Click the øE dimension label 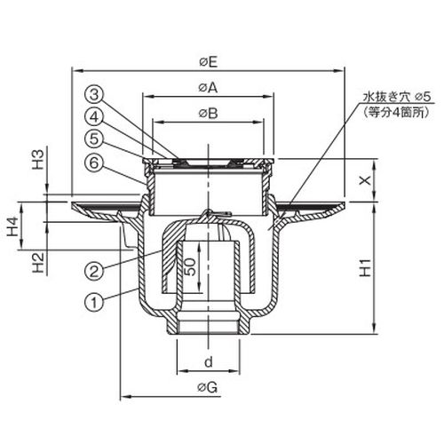pos(209,62)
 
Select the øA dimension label pos(208,88)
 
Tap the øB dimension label pos(208,113)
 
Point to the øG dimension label pos(208,387)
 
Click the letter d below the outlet pos(209,361)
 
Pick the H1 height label pos(365,267)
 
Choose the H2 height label pos(38,263)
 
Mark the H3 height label pos(38,159)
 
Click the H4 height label pos(13,226)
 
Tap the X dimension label pos(365,179)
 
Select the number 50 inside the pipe pos(190,266)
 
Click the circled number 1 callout pos(94,302)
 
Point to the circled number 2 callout pos(94,270)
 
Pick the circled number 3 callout pos(94,95)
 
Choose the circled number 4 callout pos(94,117)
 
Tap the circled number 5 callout pos(94,139)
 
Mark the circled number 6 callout pos(94,163)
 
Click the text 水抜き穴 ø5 pos(397,97)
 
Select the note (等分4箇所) pos(395,113)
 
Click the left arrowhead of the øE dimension pos(76,71)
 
